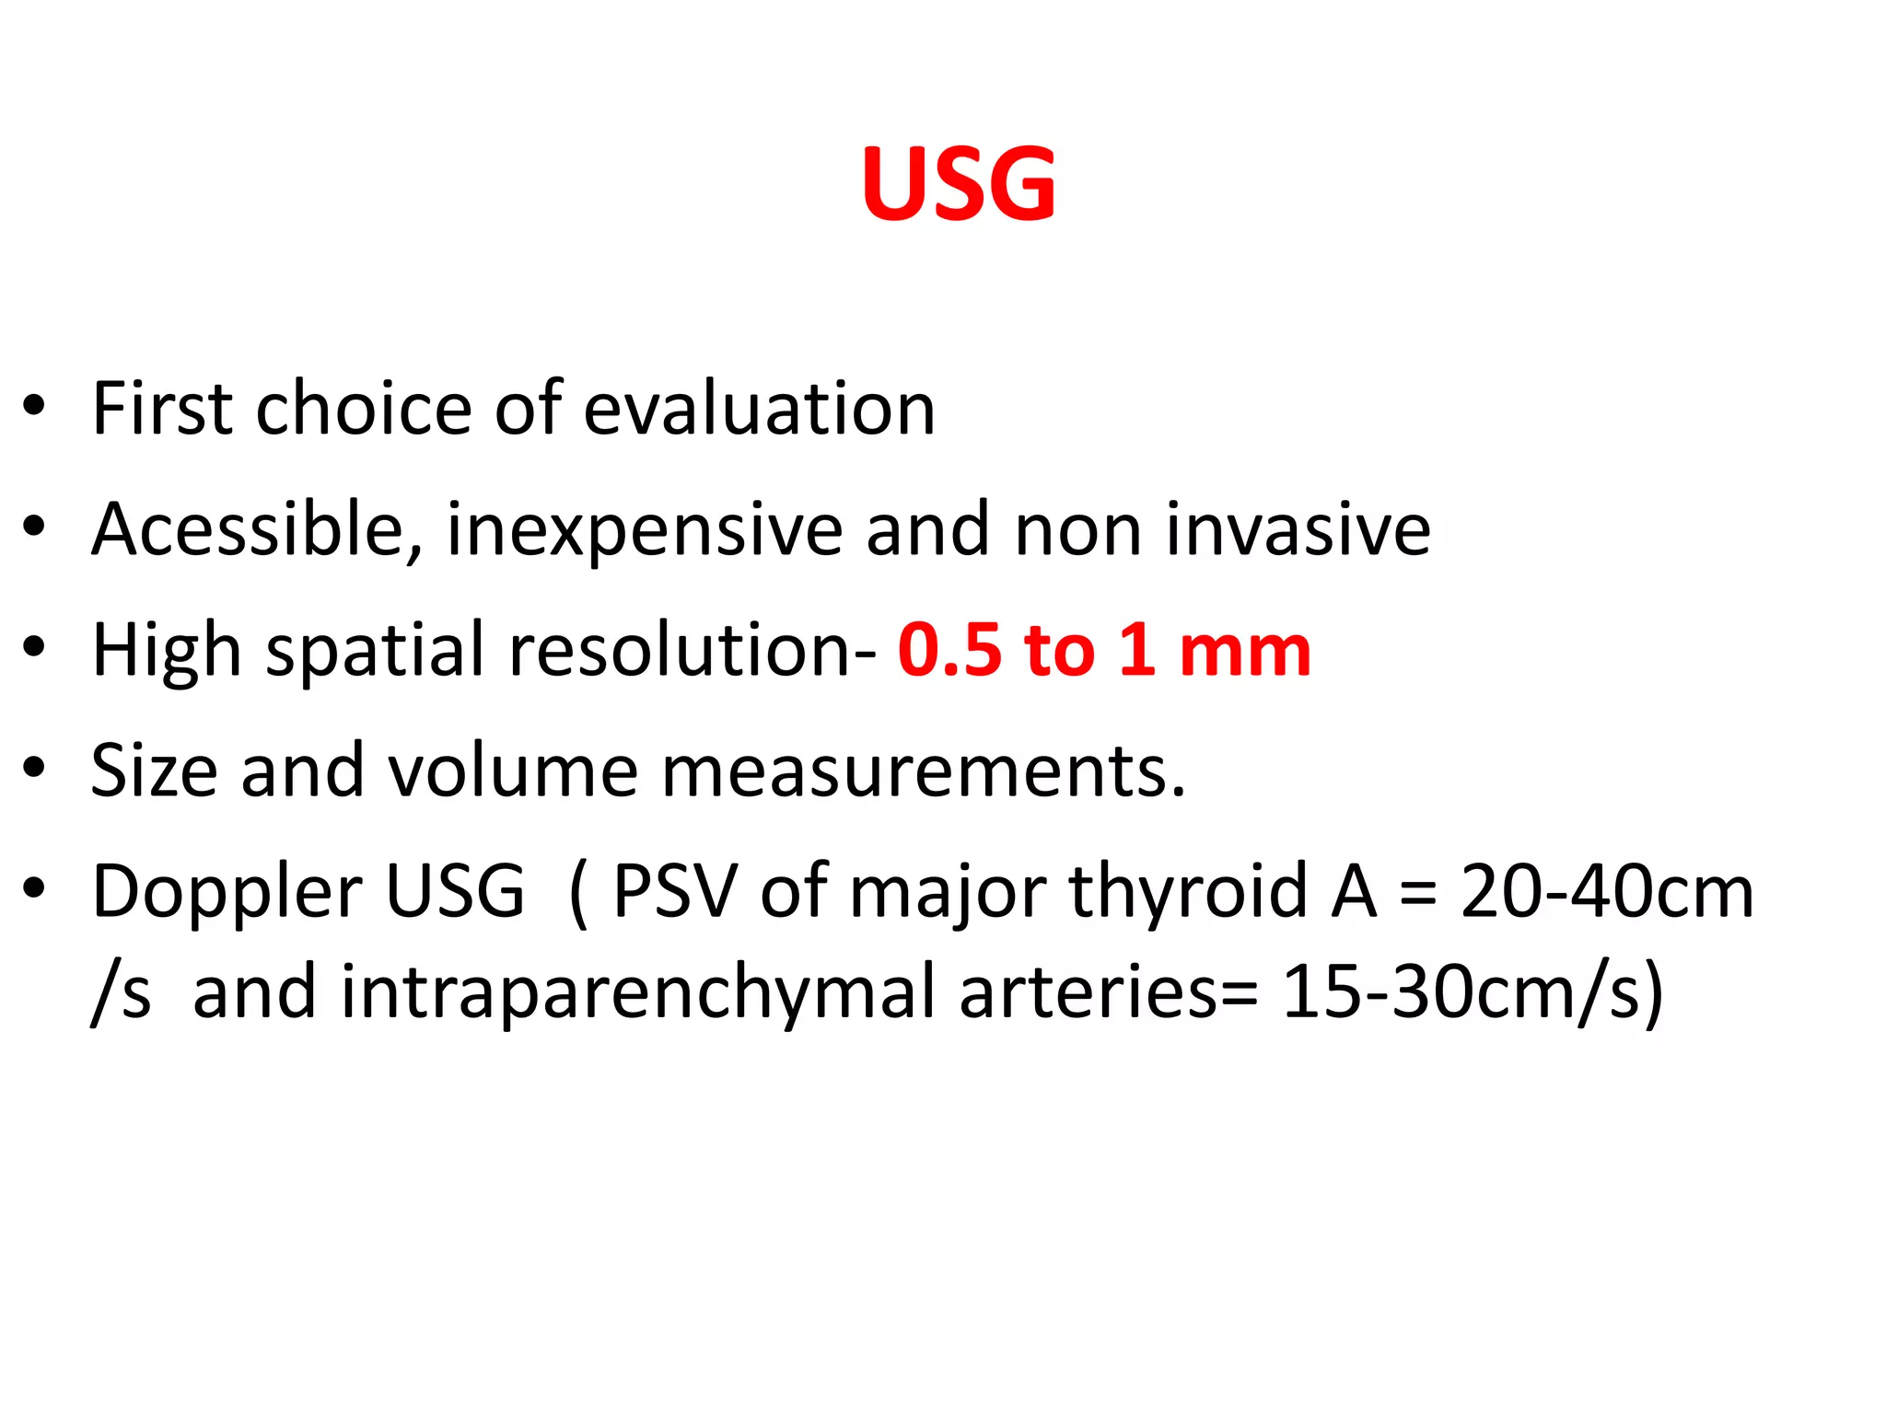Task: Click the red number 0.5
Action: [949, 650]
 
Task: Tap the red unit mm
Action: [1244, 652]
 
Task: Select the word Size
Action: [154, 770]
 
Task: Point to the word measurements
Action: [923, 771]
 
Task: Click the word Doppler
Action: [227, 893]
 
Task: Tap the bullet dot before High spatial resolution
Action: [34, 647]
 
